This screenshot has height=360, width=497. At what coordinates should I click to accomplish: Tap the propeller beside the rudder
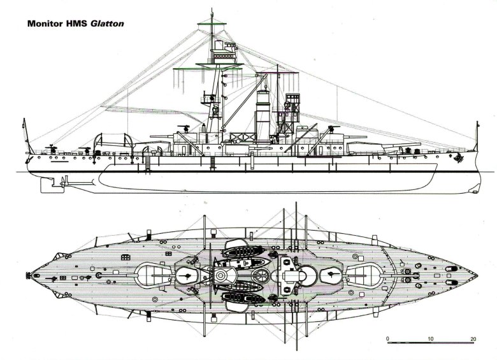click(x=57, y=185)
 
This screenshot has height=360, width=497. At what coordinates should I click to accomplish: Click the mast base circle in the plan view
click(x=221, y=276)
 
